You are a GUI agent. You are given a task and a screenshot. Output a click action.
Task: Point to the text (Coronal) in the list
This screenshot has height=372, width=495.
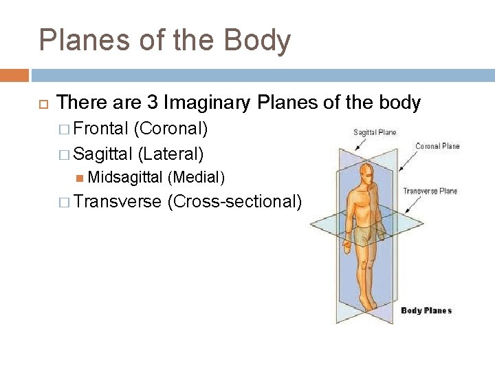pyautogui.click(x=171, y=128)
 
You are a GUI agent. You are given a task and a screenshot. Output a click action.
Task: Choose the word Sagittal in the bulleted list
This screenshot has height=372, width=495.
pyautogui.click(x=103, y=152)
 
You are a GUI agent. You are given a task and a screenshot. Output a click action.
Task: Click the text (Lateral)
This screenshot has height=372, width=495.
pyautogui.click(x=170, y=152)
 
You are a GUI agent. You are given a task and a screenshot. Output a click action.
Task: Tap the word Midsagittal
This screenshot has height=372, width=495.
pyautogui.click(x=125, y=177)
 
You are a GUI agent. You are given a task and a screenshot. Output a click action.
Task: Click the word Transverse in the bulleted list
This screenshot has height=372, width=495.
pyautogui.click(x=118, y=202)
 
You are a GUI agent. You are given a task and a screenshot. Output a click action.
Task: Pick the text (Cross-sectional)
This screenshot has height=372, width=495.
pyautogui.click(x=234, y=202)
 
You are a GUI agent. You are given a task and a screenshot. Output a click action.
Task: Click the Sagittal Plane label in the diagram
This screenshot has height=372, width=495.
pyautogui.click(x=375, y=132)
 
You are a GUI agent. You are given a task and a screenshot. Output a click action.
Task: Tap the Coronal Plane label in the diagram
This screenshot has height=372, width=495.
pyautogui.click(x=437, y=146)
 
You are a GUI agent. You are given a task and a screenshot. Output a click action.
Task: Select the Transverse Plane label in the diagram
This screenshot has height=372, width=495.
pyautogui.click(x=430, y=191)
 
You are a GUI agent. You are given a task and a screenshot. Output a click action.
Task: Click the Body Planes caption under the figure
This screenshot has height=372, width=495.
pyautogui.click(x=426, y=311)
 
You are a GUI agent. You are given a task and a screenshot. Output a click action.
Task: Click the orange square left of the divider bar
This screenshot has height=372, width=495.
pyautogui.click(x=14, y=75)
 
